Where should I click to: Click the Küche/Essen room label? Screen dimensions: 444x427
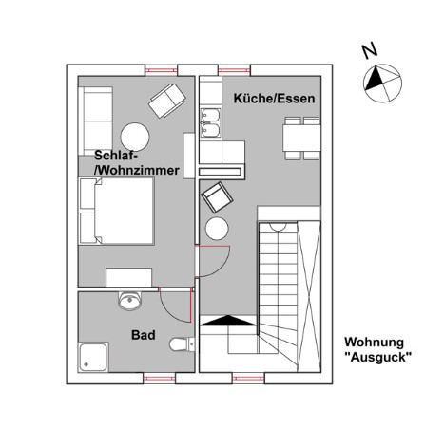(274, 99)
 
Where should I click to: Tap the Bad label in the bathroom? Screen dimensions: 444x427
(144, 335)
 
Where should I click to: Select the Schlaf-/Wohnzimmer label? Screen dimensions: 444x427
(137, 163)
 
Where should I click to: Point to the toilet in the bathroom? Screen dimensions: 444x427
(182, 344)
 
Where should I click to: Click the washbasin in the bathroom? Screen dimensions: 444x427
(129, 301)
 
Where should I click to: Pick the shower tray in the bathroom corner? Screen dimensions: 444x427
(93, 357)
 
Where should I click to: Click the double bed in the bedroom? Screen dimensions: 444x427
(117, 211)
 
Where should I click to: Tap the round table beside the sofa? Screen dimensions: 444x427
(135, 138)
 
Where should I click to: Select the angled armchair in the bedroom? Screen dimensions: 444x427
(167, 101)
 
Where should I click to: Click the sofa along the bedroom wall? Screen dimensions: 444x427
(96, 121)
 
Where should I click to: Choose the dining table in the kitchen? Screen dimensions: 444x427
(301, 138)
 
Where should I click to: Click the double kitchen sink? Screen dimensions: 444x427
(210, 123)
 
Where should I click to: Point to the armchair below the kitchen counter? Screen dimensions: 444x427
(217, 197)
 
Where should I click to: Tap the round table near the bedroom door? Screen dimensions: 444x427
(217, 229)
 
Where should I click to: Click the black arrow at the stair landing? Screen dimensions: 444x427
(228, 321)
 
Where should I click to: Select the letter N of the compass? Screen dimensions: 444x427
(370, 50)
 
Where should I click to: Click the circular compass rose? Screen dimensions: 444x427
(382, 84)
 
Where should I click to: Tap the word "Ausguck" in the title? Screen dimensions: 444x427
(377, 358)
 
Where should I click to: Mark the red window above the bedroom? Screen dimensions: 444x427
(161, 70)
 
